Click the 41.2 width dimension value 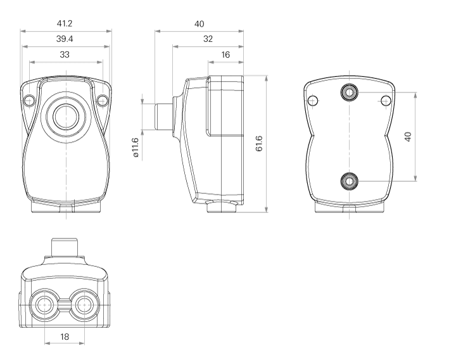(65, 23)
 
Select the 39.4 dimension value (65, 39)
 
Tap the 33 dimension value (65, 55)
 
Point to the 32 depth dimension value (208, 39)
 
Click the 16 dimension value (225, 55)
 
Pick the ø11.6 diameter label (136, 148)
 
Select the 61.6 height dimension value (259, 143)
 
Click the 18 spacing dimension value (65, 337)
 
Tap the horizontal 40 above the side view (199, 23)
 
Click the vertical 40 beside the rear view (408, 137)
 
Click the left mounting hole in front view (29, 101)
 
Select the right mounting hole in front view (103, 101)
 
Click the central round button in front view (66, 117)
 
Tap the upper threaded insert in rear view (349, 93)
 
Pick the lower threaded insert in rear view (349, 181)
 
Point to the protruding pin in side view (163, 117)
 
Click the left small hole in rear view (313, 101)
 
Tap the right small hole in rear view (386, 101)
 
